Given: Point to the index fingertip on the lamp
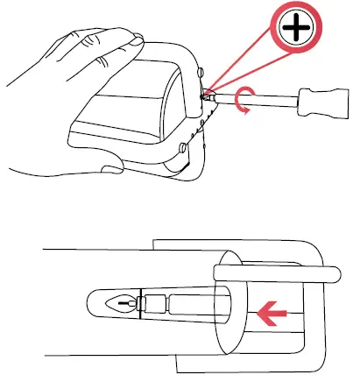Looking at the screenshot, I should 133,38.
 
